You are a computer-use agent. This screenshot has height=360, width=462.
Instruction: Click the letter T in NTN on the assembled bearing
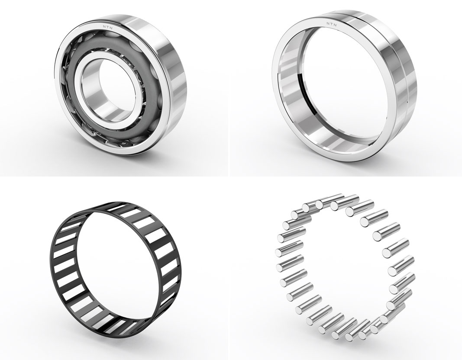(108, 26)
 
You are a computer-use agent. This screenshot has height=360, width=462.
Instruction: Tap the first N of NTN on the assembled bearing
(104, 27)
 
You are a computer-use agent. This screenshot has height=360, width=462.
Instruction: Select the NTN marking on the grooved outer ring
(332, 23)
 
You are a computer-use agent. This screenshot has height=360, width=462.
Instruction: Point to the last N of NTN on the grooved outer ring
(336, 24)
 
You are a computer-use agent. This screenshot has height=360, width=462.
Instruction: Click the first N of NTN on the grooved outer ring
(328, 22)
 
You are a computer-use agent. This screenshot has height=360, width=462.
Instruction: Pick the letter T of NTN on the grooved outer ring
(332, 23)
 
